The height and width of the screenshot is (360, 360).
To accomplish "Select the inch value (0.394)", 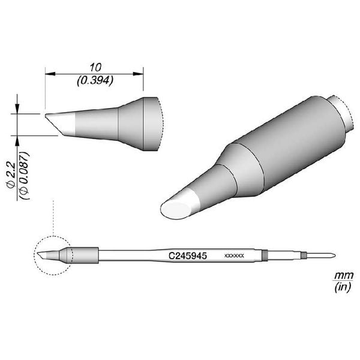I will click(94, 79).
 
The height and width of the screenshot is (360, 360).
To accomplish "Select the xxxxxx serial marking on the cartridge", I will click(233, 256).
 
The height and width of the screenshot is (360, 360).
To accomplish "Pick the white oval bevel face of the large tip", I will click(178, 207).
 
